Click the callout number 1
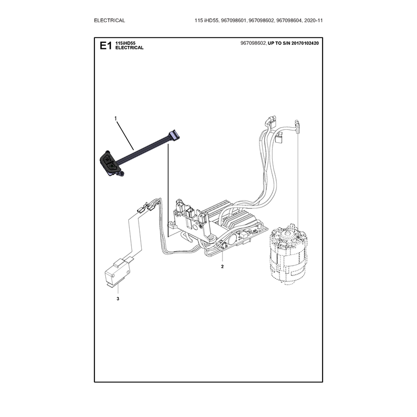point(116,118)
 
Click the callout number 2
point(223,266)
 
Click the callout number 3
point(118,299)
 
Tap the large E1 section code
point(106,46)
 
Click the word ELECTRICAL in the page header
point(109,20)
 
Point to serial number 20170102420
point(305,43)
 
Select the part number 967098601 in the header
point(234,20)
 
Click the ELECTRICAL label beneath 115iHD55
point(129,47)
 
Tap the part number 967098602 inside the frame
point(253,43)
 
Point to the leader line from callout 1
point(125,135)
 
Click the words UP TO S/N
point(279,43)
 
